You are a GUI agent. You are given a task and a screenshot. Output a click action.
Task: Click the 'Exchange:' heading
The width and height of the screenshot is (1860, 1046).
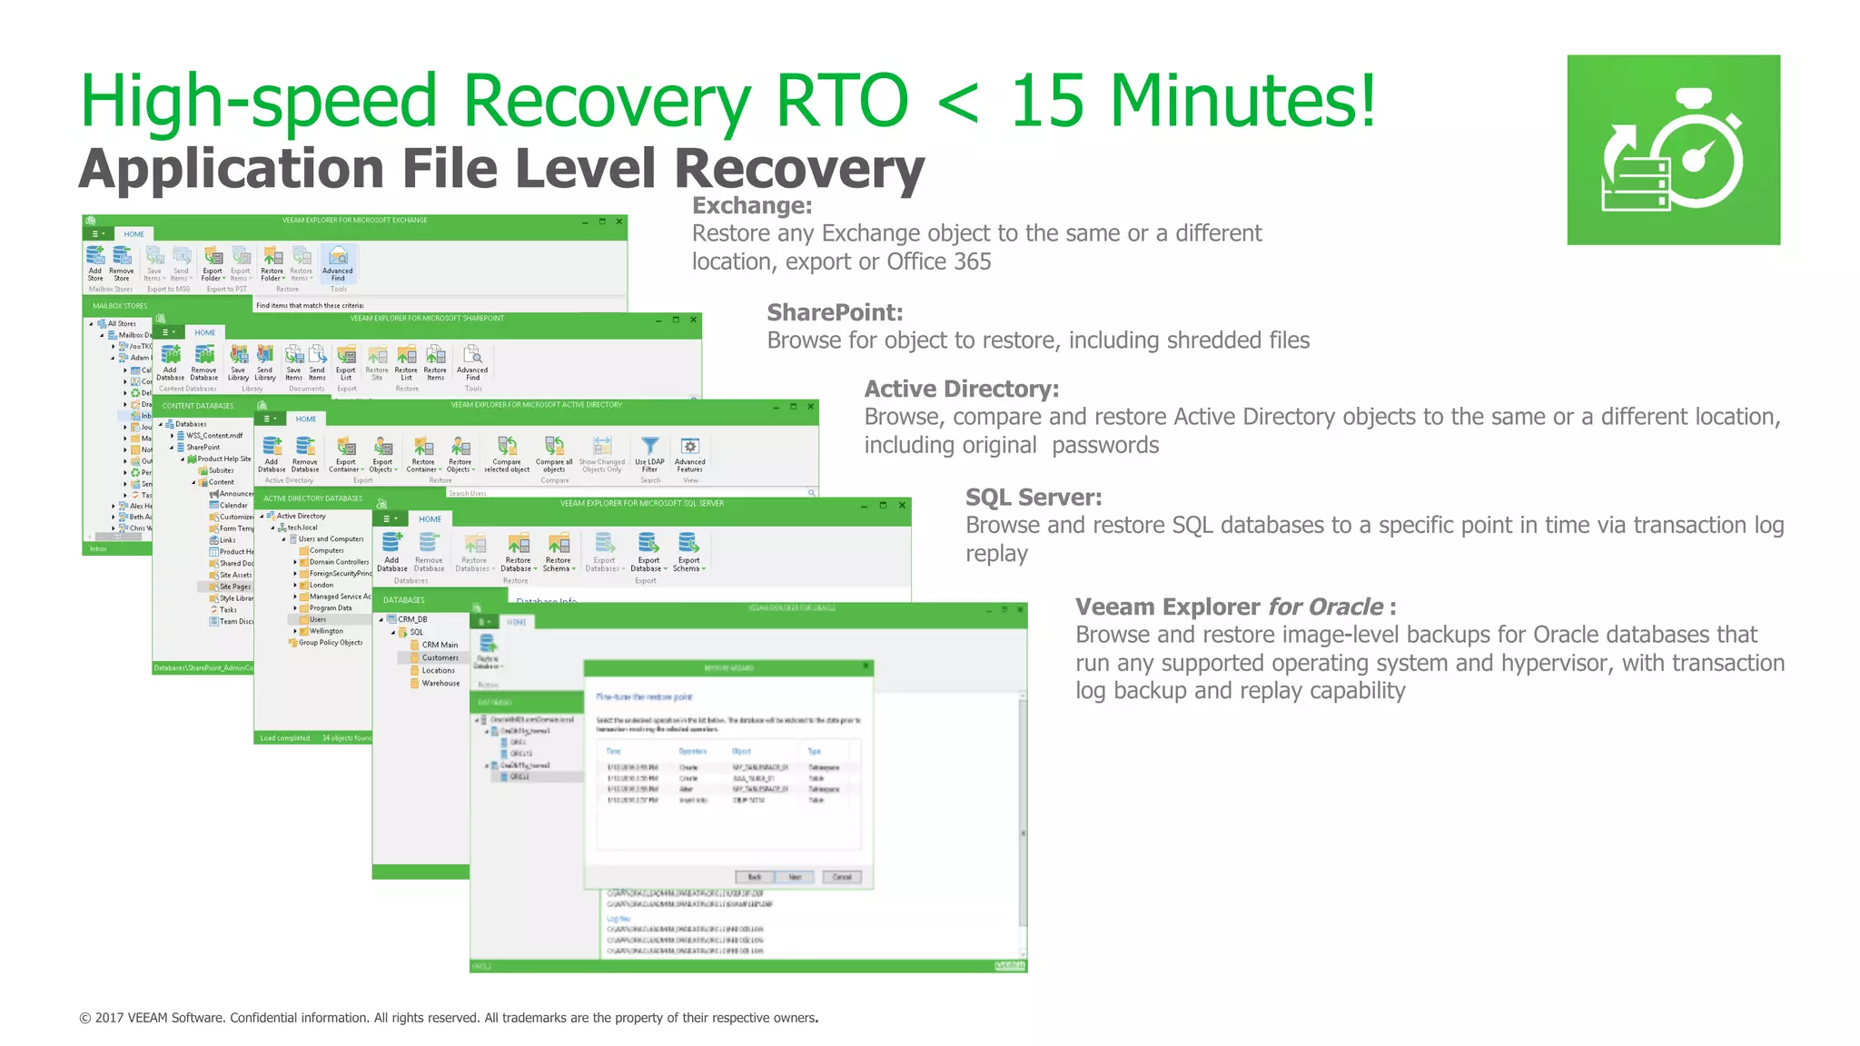click(751, 206)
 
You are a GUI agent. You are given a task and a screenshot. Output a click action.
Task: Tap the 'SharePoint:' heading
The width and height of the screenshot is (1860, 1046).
click(834, 312)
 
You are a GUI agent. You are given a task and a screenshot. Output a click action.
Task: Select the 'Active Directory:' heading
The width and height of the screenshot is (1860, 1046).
click(961, 389)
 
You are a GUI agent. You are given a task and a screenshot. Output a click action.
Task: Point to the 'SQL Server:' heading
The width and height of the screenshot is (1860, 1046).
click(1033, 498)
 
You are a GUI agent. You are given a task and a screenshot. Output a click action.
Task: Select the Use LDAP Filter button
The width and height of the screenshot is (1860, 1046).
click(649, 453)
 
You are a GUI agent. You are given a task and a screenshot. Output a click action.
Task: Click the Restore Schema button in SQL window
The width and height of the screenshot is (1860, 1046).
click(559, 551)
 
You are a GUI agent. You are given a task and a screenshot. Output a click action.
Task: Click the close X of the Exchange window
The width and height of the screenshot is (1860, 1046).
click(619, 222)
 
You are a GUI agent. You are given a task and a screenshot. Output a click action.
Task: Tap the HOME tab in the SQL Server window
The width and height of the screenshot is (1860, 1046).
click(430, 519)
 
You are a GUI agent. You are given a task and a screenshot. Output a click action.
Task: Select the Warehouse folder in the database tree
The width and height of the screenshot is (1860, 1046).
click(440, 683)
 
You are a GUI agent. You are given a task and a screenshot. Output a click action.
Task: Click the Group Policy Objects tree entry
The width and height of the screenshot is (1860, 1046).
click(330, 643)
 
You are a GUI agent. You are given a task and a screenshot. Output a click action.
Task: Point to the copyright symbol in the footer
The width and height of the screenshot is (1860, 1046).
click(84, 1019)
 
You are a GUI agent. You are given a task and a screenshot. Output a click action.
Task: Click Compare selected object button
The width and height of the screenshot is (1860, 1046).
click(507, 453)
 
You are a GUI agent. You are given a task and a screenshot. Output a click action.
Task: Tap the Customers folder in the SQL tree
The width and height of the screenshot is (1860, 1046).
click(439, 657)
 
